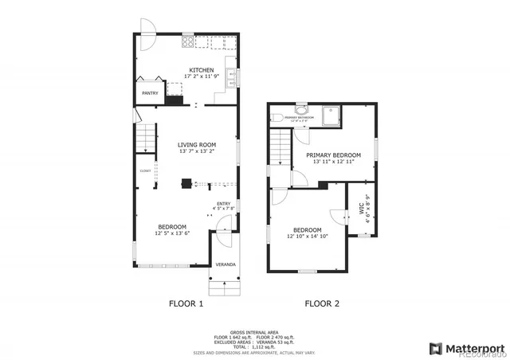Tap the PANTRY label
pos(150,93)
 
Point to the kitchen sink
pos(230,77)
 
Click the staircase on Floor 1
pos(144,140)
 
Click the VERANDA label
pos(223,264)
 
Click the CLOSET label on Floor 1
pos(145,170)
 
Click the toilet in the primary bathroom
pos(300,112)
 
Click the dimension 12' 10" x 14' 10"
pos(306,237)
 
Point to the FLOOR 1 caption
pos(186,303)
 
